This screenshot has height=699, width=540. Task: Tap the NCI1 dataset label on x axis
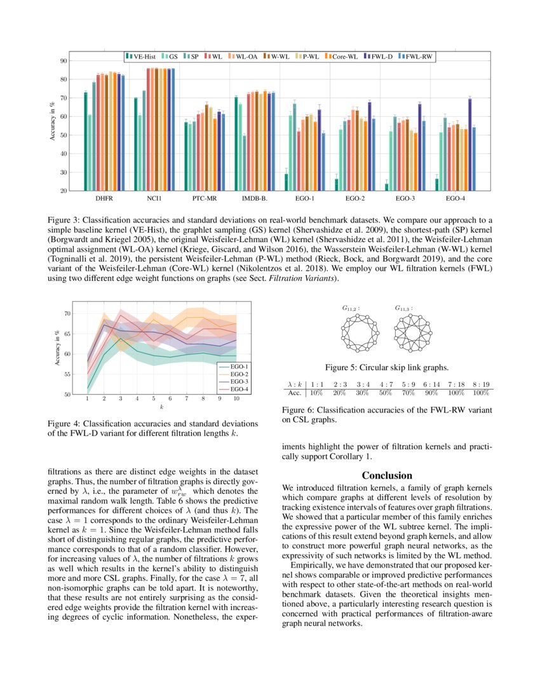click(154, 199)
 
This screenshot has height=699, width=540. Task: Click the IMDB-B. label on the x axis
click(255, 199)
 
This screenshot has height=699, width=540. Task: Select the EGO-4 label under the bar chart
click(455, 199)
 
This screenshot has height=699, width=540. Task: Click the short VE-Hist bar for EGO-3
click(386, 187)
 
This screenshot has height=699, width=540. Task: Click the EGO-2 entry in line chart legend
click(238, 374)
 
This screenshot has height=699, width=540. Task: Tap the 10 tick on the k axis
click(236, 399)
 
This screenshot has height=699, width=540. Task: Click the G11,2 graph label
click(351, 308)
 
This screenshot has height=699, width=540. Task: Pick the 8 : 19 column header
click(481, 384)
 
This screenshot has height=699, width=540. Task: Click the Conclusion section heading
click(387, 475)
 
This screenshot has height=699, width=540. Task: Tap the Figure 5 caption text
click(387, 367)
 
